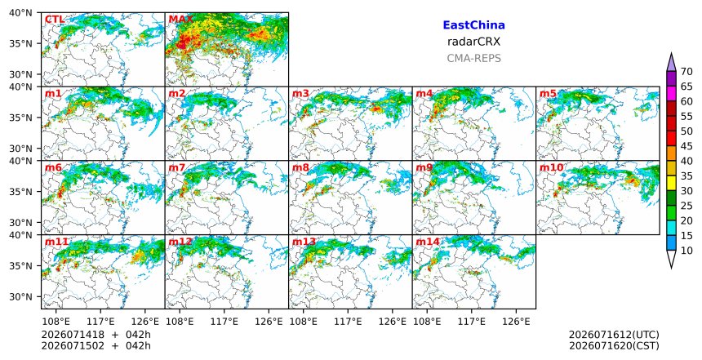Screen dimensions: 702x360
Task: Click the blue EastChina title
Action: click(x=473, y=25)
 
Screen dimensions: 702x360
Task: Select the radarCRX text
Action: click(x=473, y=42)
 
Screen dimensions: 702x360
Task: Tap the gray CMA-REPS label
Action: click(x=473, y=58)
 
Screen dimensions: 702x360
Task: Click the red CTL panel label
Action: click(x=54, y=20)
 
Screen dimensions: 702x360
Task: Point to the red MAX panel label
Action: click(x=181, y=20)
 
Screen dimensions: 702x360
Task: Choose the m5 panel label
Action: click(x=548, y=94)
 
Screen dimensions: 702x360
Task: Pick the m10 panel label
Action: click(x=551, y=168)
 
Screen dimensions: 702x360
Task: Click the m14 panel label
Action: click(x=428, y=242)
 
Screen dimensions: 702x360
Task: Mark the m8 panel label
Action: click(x=301, y=168)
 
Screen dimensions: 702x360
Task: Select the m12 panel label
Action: click(x=180, y=242)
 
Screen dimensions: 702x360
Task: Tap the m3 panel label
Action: click(x=301, y=94)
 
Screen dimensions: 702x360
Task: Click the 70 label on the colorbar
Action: click(x=686, y=72)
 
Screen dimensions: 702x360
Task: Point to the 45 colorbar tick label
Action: click(x=686, y=146)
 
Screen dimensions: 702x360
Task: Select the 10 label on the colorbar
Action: click(x=686, y=251)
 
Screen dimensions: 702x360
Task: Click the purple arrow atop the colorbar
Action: click(x=671, y=63)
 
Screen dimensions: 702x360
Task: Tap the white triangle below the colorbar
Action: click(x=671, y=258)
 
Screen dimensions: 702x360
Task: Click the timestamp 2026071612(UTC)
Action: click(x=614, y=335)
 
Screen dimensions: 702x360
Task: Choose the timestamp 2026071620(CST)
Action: click(x=614, y=345)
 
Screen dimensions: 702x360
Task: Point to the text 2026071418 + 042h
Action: click(x=96, y=335)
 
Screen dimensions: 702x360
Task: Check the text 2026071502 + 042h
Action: click(x=96, y=345)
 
